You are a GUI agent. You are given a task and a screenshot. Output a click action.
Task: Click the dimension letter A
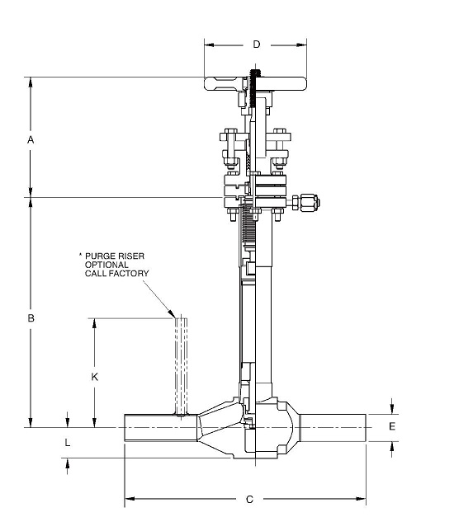pos(31,140)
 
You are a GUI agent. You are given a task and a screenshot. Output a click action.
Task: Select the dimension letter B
pos(31,317)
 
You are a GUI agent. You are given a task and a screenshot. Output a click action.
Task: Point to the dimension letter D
pos(256,44)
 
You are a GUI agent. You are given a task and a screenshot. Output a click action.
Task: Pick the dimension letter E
pos(392,426)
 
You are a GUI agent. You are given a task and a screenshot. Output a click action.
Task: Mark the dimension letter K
pos(95,376)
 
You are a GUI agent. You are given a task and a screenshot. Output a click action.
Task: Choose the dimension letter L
pos(68,443)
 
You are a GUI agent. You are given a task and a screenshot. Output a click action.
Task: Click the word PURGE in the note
pos(100,256)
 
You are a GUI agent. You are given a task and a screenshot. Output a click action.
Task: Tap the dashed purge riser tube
pos(180,363)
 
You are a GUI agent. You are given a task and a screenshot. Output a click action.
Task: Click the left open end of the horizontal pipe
pos(126,427)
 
